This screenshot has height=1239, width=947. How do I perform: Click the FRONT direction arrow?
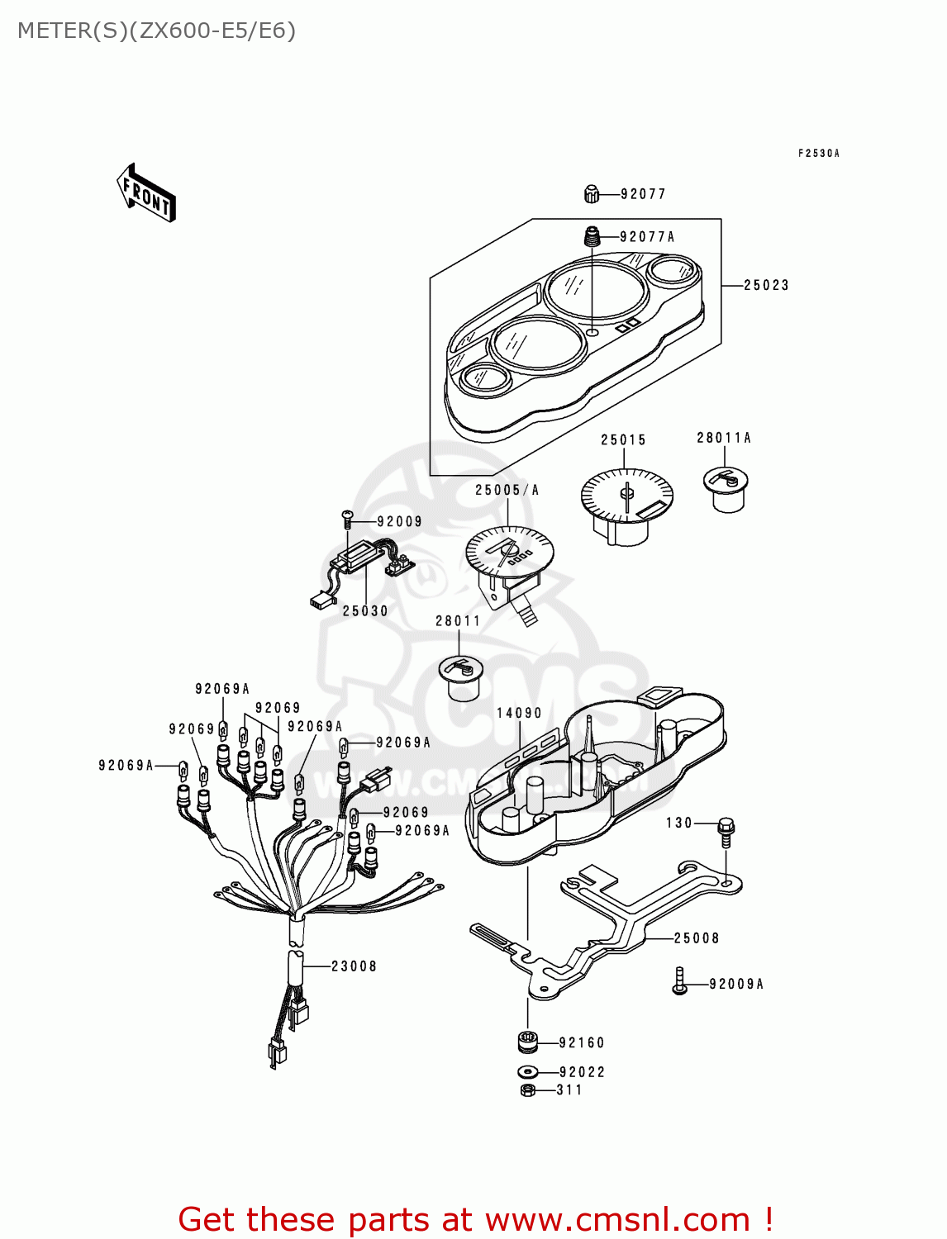146,193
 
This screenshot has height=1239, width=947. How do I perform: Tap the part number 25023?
766,285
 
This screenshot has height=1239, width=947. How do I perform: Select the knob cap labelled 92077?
591,194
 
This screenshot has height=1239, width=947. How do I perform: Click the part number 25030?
365,611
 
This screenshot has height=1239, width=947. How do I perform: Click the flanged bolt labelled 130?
726,829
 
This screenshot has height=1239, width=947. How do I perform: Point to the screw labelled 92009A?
680,981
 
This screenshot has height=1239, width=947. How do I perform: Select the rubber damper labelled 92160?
528,1042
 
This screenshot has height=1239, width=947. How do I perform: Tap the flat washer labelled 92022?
528,1072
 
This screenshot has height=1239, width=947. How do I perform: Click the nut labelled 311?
528,1090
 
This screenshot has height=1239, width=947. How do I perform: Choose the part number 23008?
354,966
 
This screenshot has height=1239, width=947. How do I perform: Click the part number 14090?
519,713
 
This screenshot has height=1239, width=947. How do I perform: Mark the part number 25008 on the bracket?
696,938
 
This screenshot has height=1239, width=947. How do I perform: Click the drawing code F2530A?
818,154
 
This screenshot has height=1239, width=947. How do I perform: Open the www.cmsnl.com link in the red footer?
617,1220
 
